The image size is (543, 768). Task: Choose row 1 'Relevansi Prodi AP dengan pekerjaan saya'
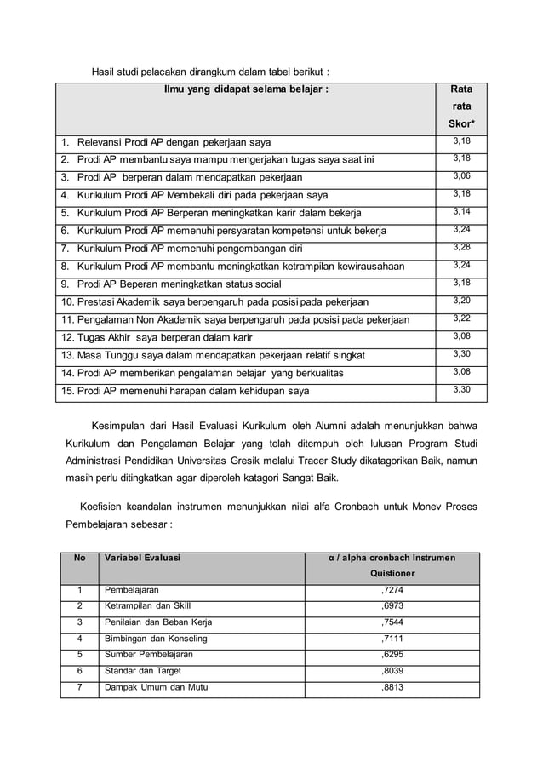(174, 140)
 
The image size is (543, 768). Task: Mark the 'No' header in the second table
(80, 558)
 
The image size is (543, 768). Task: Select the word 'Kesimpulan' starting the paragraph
(123, 424)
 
